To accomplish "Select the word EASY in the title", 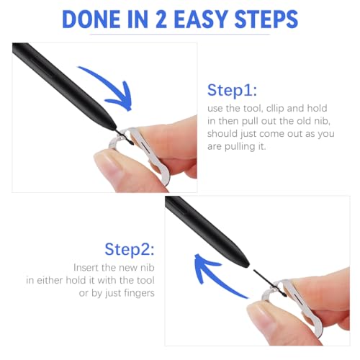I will [215, 19].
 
